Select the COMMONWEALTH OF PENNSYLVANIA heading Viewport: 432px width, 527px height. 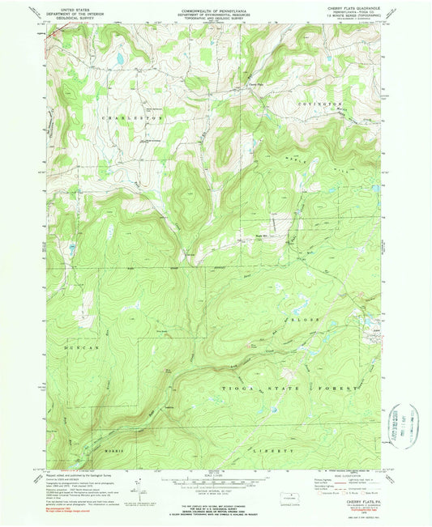click(x=216, y=6)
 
